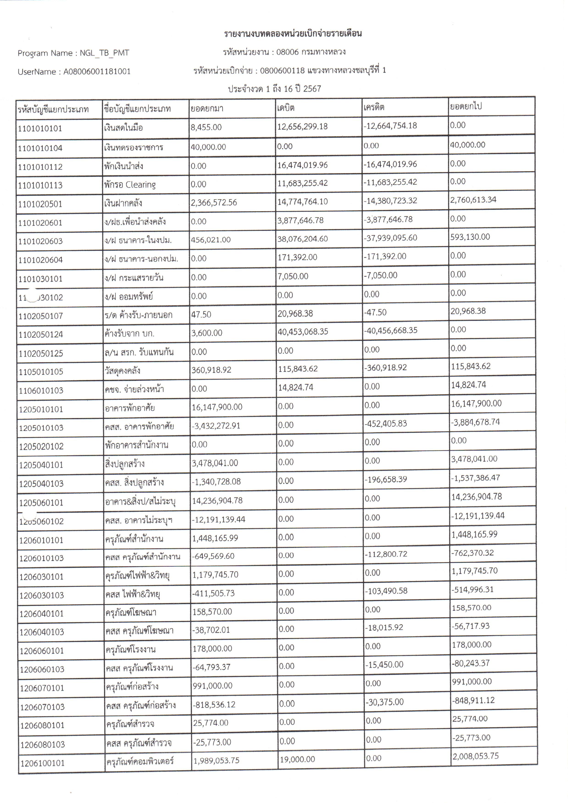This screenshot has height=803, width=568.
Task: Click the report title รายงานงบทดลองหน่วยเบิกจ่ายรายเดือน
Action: tap(293, 34)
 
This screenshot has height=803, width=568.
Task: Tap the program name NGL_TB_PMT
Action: tap(104, 53)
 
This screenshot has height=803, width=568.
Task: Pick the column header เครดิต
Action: tap(374, 107)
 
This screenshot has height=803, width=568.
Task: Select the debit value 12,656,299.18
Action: tap(302, 126)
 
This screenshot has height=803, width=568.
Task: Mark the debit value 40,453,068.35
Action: tap(303, 331)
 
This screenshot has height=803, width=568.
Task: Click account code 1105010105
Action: tap(41, 372)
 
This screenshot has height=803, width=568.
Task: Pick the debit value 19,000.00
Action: tap(297, 759)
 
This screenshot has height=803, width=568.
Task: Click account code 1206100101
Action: tap(42, 763)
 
